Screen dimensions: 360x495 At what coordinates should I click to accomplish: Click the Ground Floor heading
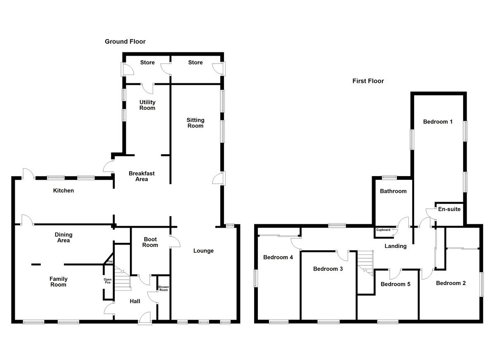tap(125, 42)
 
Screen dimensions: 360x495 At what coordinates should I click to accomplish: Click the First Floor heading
tap(368, 81)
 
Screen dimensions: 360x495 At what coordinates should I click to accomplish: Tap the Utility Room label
tap(147, 105)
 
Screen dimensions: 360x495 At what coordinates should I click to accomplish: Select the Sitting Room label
tap(196, 123)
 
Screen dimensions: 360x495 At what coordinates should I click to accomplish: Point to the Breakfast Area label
tap(138, 176)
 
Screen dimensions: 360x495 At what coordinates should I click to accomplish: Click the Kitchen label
tap(64, 191)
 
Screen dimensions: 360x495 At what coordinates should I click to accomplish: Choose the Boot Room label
tap(150, 242)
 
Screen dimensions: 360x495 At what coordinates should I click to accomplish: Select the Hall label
tap(135, 301)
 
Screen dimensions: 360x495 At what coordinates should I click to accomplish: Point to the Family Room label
tap(59, 282)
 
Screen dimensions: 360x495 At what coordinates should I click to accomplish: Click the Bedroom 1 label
tap(438, 122)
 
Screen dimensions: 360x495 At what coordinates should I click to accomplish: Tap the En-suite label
tap(449, 209)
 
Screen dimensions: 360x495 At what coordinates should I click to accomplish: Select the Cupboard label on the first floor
tap(383, 230)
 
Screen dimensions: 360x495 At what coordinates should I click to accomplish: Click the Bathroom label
tap(393, 191)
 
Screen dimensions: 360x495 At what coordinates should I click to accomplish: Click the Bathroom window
tap(389, 178)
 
